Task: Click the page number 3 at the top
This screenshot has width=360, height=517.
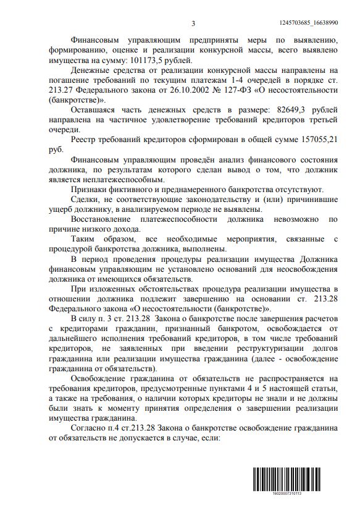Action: point(193,23)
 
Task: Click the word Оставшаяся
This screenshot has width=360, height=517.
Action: point(98,110)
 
